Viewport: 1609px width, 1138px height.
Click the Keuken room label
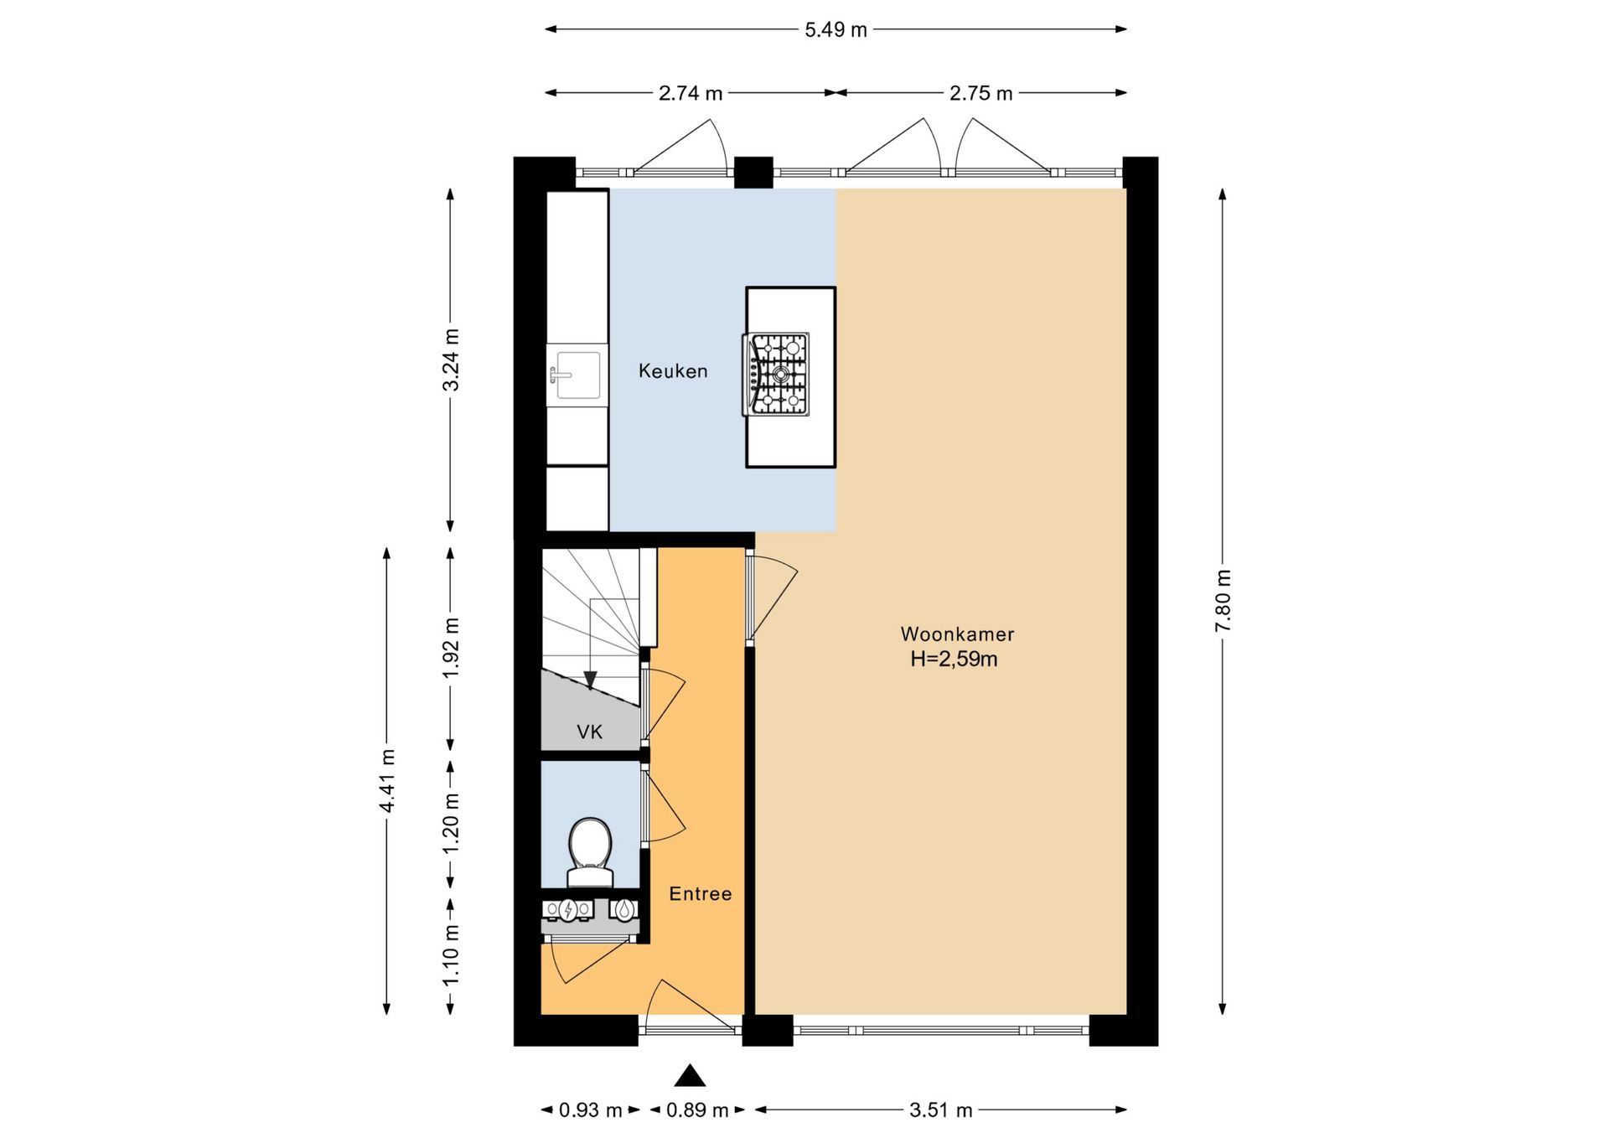coord(673,370)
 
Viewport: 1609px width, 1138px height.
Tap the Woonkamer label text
coord(957,634)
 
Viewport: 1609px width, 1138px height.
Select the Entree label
coord(701,893)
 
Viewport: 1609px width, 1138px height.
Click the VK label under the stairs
coord(590,732)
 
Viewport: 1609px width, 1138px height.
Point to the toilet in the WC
coord(590,852)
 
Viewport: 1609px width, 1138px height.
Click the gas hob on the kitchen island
coord(776,375)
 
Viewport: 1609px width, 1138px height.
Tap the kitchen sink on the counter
coord(577,375)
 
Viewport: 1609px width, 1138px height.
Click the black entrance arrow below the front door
coord(690,1075)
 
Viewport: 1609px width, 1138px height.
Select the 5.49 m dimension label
coord(836,30)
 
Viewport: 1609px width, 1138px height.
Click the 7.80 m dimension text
coord(1224,601)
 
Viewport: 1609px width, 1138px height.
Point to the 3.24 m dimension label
coord(451,360)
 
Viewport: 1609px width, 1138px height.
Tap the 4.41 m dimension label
coord(387,781)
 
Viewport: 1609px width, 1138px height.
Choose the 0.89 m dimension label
coord(697,1110)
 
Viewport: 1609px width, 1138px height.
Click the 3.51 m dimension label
coord(941,1110)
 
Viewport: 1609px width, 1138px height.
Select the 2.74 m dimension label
coord(691,93)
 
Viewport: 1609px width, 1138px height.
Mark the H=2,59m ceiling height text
coord(955,660)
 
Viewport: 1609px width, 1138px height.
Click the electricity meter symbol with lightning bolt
coord(567,909)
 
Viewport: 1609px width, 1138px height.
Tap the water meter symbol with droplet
coord(624,909)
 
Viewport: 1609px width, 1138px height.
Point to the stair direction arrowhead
coord(591,680)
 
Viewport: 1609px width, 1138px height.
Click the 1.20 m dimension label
coord(451,825)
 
